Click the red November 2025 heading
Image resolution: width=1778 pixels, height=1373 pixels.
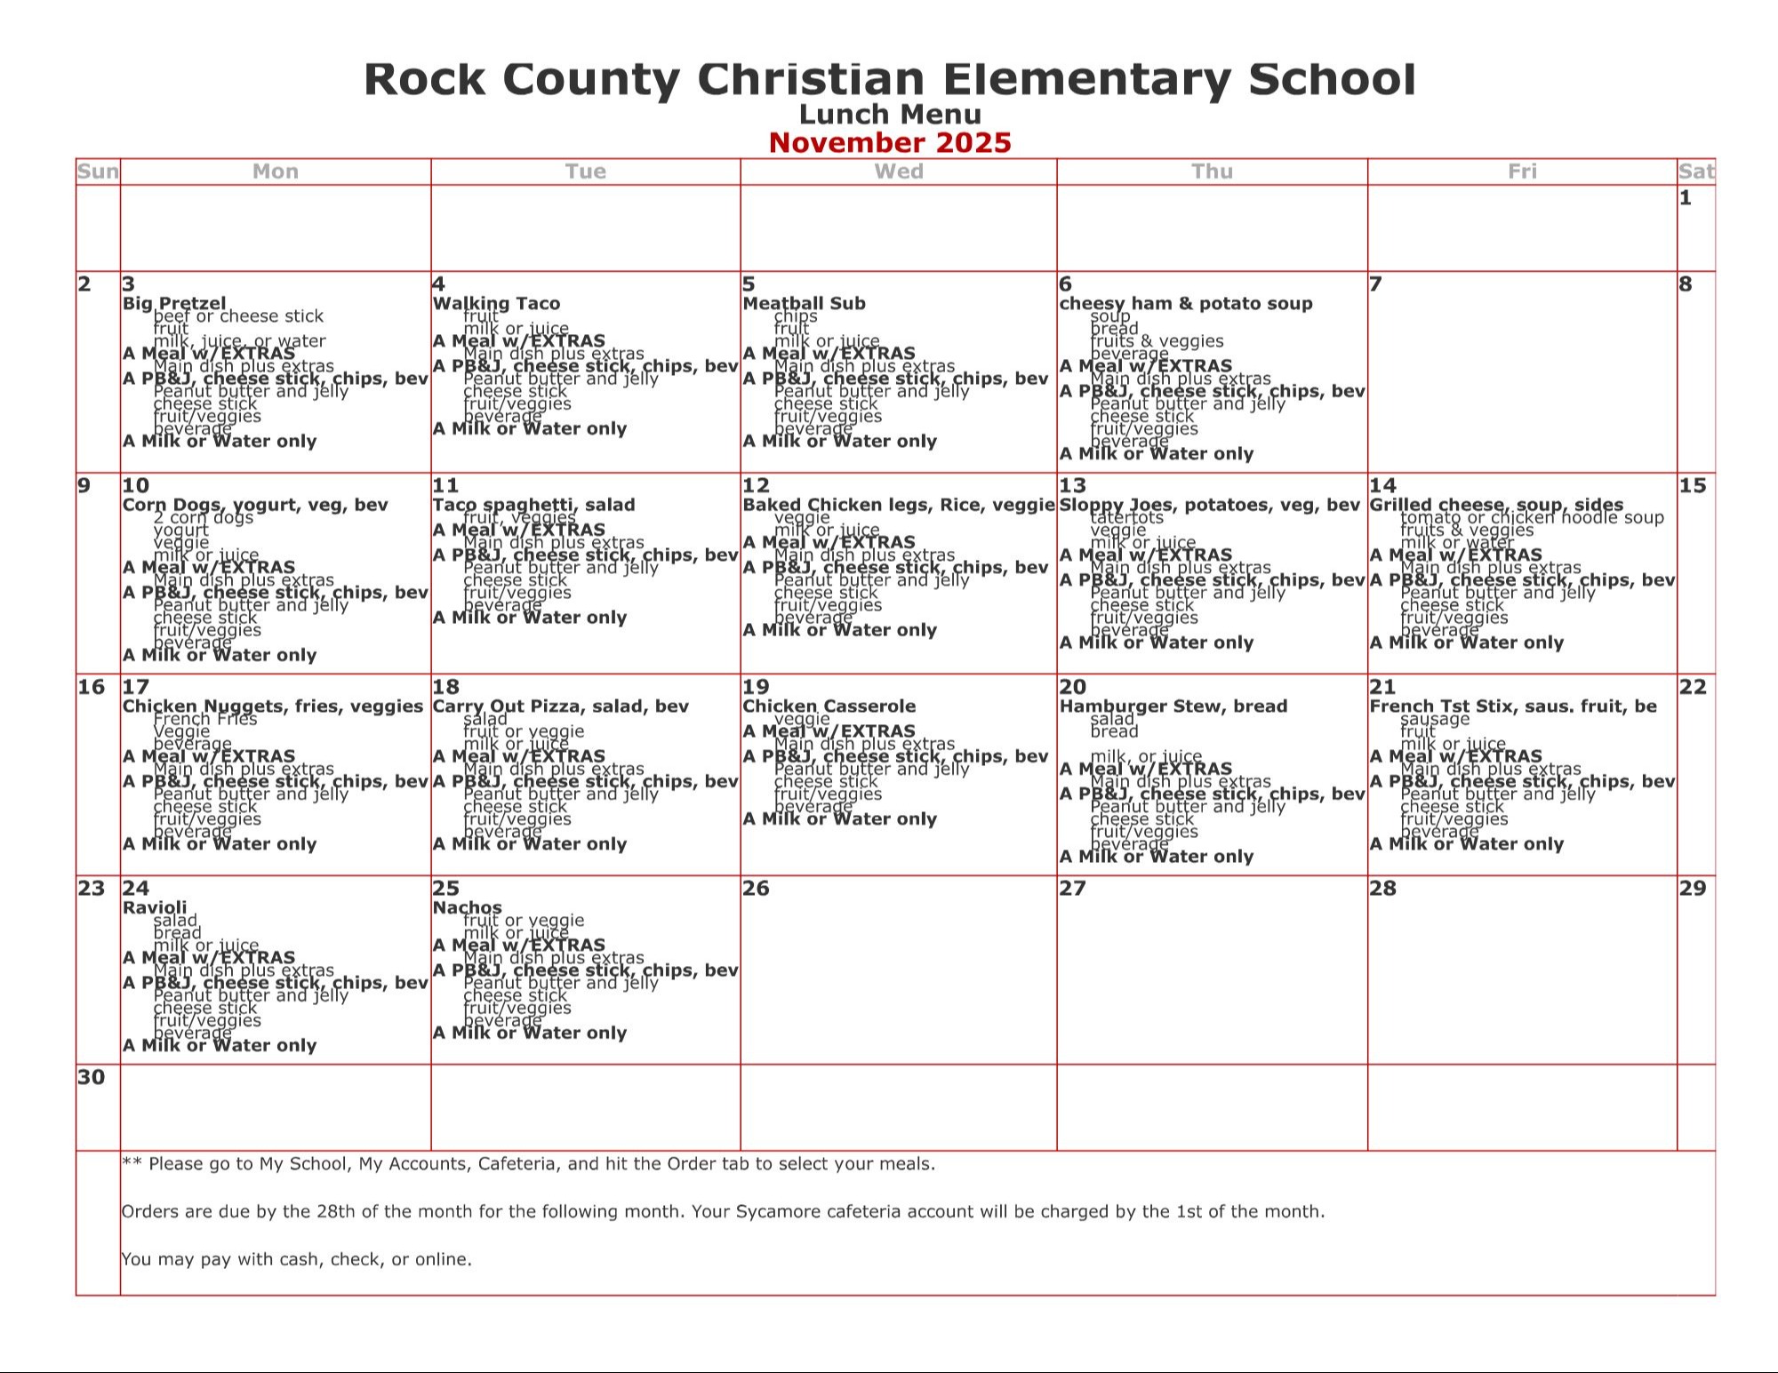pos(889,143)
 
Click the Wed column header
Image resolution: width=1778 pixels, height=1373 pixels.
pos(899,172)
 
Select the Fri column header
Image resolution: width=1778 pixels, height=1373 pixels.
pos(1522,172)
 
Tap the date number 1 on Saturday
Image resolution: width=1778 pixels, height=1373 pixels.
pos(1686,198)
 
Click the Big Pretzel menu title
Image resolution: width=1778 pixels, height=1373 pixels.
pos(174,303)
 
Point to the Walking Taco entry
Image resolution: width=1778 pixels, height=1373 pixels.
pos(496,303)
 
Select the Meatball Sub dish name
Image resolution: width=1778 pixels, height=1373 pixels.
pos(804,303)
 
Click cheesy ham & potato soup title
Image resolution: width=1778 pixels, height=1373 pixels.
pos(1185,303)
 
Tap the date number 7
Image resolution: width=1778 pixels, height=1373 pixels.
pos(1376,284)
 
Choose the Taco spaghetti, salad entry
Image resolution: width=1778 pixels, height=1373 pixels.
pos(533,505)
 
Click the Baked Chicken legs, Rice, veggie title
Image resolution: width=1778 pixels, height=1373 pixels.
pos(898,505)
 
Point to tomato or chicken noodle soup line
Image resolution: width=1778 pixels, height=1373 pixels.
pos(1532,517)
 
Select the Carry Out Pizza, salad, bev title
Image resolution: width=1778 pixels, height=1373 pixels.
pos(560,706)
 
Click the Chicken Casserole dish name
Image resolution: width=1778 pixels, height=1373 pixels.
pos(829,706)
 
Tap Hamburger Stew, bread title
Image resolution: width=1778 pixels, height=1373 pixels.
pos(1173,706)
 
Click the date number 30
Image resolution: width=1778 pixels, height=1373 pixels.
pos(91,1078)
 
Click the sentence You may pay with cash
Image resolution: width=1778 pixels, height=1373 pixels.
pos(296,1259)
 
